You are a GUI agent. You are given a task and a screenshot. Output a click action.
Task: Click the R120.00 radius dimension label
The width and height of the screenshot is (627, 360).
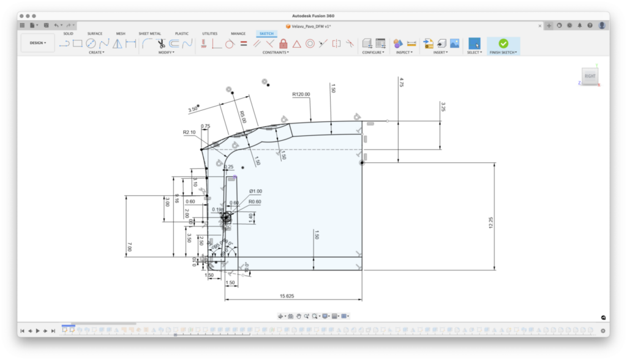tap(301, 94)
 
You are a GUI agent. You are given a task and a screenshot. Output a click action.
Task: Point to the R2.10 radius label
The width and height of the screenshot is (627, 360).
tap(189, 132)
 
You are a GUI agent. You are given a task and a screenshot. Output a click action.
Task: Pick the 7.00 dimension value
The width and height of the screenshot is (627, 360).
tap(130, 246)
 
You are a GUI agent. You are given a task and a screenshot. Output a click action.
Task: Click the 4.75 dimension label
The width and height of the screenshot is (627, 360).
tap(401, 81)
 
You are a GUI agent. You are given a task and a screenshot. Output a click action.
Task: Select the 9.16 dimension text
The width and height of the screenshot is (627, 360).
tap(177, 199)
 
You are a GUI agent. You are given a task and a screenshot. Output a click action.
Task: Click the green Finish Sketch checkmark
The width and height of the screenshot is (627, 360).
tap(503, 43)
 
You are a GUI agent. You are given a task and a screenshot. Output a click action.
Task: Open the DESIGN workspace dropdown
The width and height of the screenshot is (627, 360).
tap(38, 43)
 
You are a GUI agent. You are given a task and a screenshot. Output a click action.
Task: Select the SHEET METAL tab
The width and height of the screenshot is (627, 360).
tap(150, 34)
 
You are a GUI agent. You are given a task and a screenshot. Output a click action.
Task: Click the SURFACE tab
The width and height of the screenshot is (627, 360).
tap(95, 34)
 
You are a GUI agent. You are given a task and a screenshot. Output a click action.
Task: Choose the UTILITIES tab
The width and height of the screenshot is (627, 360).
tap(210, 34)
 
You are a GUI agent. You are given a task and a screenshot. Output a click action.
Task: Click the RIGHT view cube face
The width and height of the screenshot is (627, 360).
tap(590, 76)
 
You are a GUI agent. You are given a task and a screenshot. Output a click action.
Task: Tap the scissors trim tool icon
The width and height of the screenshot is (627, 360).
tap(161, 43)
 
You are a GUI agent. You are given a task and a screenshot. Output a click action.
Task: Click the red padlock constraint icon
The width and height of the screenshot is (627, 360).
tap(283, 43)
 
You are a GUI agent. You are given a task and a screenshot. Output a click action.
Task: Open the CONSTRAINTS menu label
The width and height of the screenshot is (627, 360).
tap(276, 53)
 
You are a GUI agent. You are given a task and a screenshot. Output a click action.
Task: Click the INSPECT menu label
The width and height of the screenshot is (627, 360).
tap(403, 53)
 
